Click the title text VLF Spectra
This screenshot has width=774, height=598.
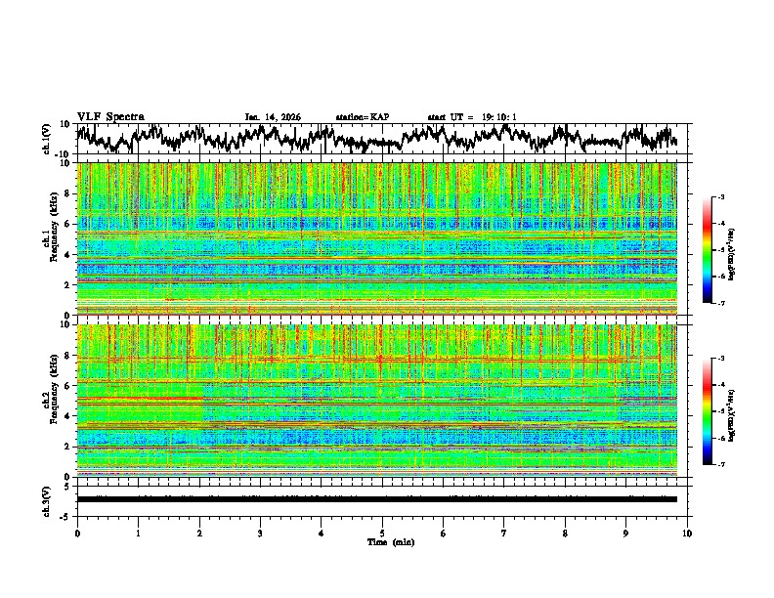point(110,117)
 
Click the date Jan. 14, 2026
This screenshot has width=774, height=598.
point(273,117)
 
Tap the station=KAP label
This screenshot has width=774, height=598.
point(363,117)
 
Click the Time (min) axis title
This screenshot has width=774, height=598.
point(390,541)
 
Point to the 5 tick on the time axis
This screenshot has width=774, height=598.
point(382,533)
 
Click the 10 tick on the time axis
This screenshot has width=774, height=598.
point(688,533)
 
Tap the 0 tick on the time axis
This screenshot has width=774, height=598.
point(77,533)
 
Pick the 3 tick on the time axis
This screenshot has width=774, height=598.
point(260,533)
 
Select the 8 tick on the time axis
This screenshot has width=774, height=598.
point(565,533)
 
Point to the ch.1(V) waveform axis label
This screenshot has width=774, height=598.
point(46,140)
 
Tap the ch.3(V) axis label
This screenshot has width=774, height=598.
point(46,499)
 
